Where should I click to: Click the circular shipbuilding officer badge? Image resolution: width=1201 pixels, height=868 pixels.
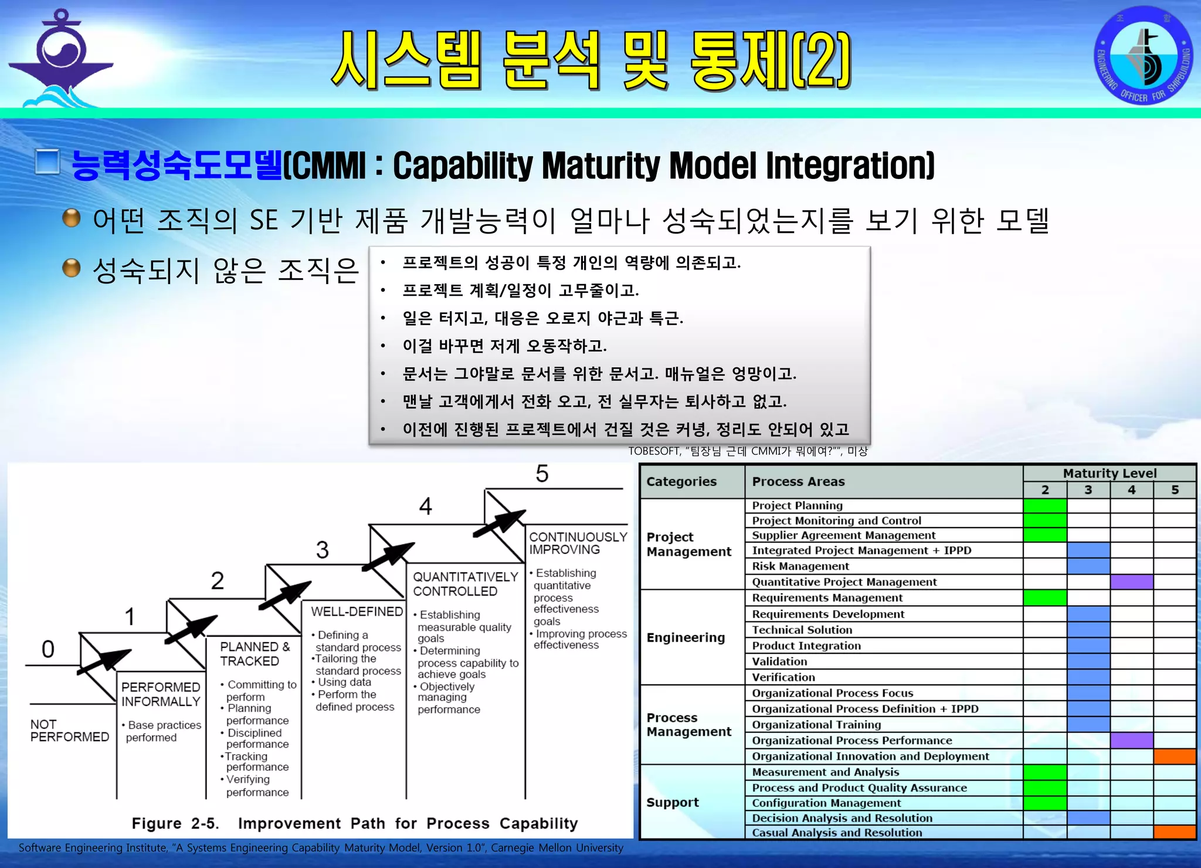click(1143, 55)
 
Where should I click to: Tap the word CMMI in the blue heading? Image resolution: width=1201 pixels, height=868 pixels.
click(328, 166)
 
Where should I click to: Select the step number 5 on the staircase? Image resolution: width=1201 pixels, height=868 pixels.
click(542, 474)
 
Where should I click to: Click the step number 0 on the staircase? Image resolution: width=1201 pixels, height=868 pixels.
click(48, 649)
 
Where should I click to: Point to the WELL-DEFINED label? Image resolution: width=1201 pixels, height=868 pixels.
click(357, 612)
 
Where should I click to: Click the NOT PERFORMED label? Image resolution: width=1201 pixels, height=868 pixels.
click(69, 731)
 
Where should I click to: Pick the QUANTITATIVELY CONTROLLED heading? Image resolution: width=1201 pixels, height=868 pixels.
click(466, 584)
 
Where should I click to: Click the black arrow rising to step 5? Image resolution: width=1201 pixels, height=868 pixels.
click(500, 522)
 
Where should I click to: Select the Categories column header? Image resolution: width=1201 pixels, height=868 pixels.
click(681, 482)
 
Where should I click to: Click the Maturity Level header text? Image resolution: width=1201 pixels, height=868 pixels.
click(1110, 473)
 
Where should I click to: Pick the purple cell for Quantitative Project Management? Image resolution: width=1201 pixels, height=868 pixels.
click(1131, 582)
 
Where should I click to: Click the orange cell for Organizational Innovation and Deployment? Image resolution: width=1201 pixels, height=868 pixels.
click(1175, 756)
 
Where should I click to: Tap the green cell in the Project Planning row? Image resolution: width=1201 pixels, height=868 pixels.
click(1045, 506)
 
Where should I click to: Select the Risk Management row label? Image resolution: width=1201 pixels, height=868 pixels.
click(800, 566)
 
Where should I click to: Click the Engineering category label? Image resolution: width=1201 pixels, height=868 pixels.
click(686, 637)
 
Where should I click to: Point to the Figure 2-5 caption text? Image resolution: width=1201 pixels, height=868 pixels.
click(354, 823)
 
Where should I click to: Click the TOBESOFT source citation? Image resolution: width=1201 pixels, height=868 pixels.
click(747, 451)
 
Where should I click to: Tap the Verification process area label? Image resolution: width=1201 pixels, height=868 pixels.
click(783, 677)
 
